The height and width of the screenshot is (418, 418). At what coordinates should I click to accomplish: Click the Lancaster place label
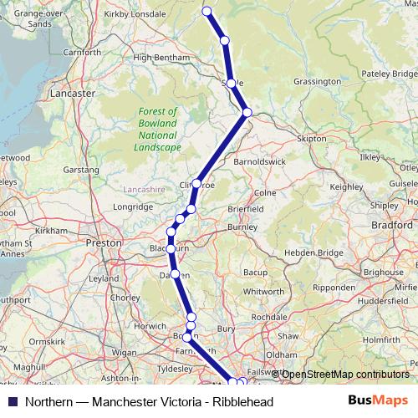point(73,94)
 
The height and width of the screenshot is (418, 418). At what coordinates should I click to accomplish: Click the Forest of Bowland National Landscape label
point(158,129)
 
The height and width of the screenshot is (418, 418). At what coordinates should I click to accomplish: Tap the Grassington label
point(317,82)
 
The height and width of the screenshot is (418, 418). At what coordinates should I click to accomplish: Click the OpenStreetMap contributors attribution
point(343,375)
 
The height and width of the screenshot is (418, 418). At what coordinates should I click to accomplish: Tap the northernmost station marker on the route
point(206,11)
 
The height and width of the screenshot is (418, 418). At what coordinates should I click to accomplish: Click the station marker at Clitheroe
point(197,184)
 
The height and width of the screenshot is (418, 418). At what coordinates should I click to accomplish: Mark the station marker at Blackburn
point(171,248)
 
